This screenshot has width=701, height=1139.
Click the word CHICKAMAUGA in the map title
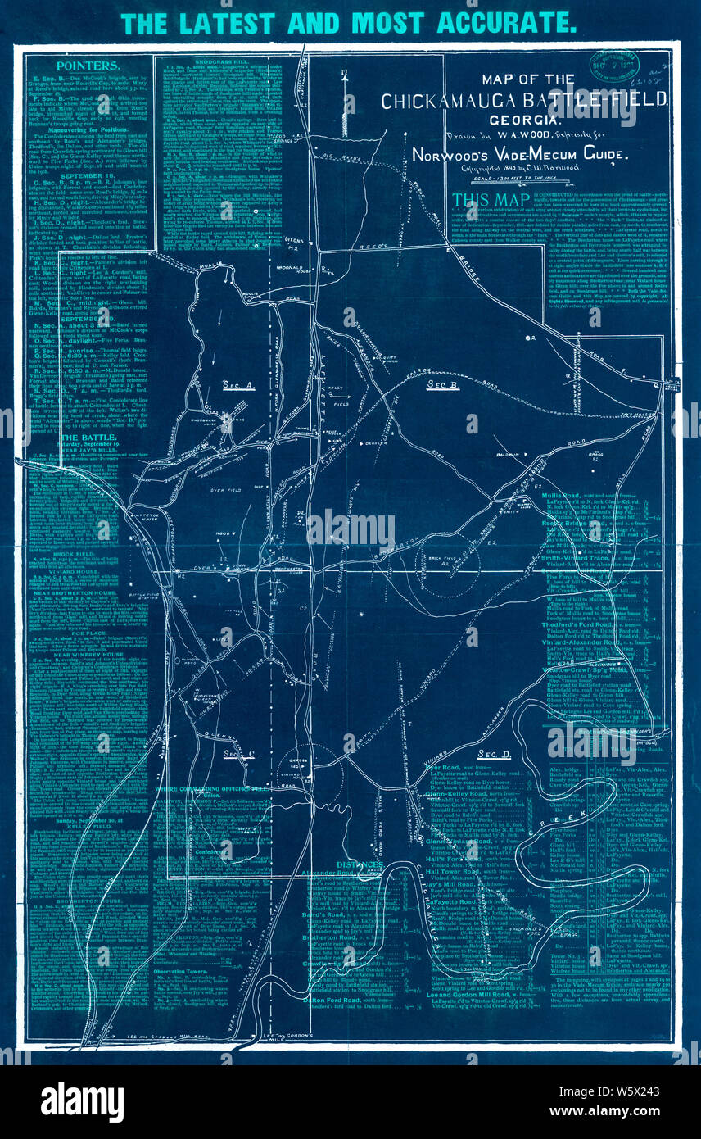pyautogui.click(x=455, y=101)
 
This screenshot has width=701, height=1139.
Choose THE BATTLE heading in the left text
pyautogui.click(x=86, y=438)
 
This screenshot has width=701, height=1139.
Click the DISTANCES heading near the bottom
pyautogui.click(x=359, y=864)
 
